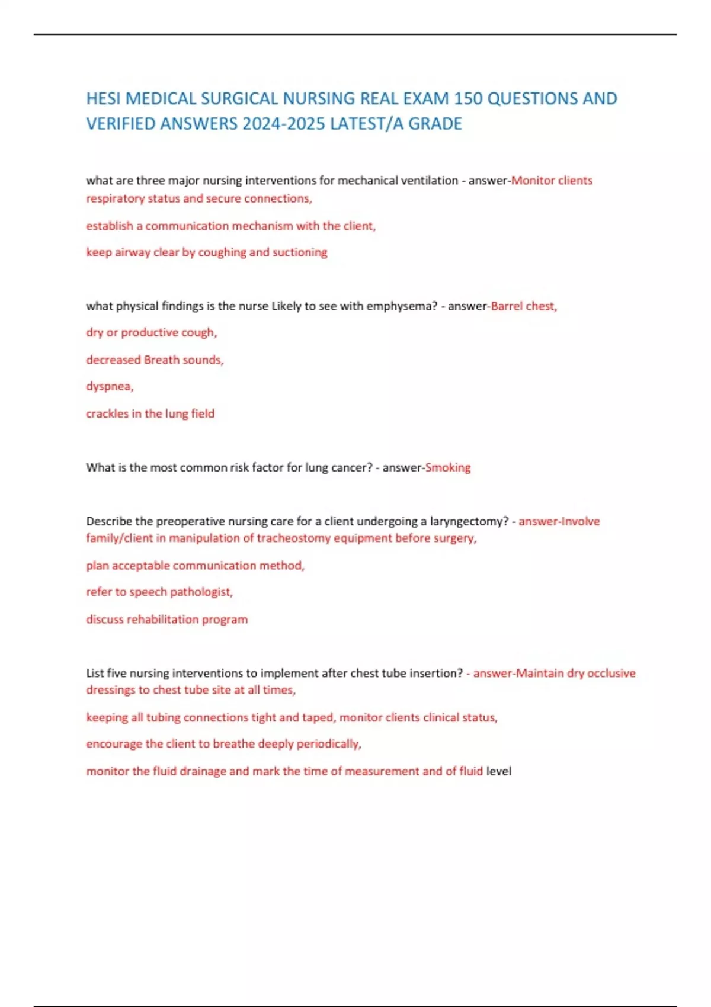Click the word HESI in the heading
(104, 98)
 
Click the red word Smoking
(448, 467)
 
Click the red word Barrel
(507, 306)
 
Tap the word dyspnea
(109, 386)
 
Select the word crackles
(107, 413)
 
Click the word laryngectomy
(469, 521)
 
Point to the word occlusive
(611, 673)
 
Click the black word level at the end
(498, 771)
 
